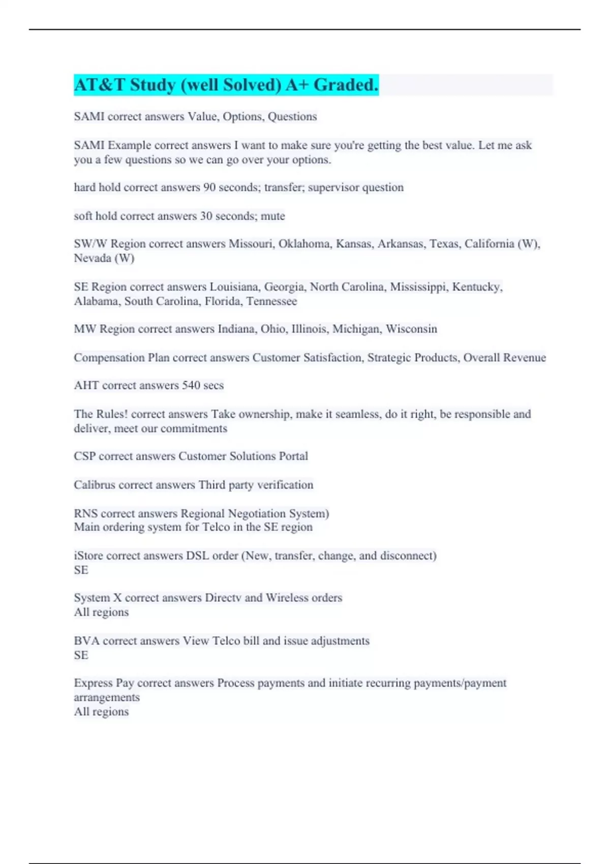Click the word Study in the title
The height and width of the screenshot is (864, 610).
click(152, 85)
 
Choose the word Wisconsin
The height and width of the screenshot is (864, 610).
click(411, 329)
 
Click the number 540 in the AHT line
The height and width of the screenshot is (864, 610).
click(191, 386)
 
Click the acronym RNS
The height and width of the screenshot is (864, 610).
click(85, 514)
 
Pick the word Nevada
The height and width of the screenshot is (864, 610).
click(91, 258)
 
